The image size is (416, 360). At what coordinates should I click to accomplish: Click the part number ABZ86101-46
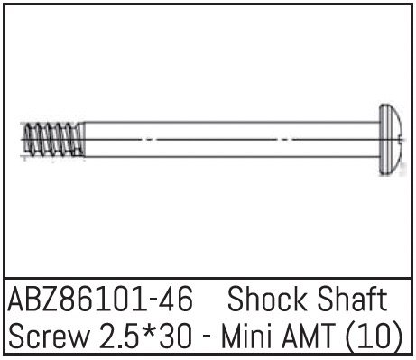(100, 300)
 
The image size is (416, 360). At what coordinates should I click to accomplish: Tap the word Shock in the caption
(266, 299)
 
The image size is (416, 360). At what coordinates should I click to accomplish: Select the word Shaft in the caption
(352, 299)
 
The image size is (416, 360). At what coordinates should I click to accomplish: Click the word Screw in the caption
(50, 335)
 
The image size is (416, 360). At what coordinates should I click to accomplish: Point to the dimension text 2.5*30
(145, 335)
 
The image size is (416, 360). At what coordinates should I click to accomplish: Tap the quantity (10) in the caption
(374, 336)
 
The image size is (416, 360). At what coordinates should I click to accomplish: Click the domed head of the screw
(390, 139)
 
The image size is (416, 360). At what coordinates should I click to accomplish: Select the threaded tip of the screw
(54, 140)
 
